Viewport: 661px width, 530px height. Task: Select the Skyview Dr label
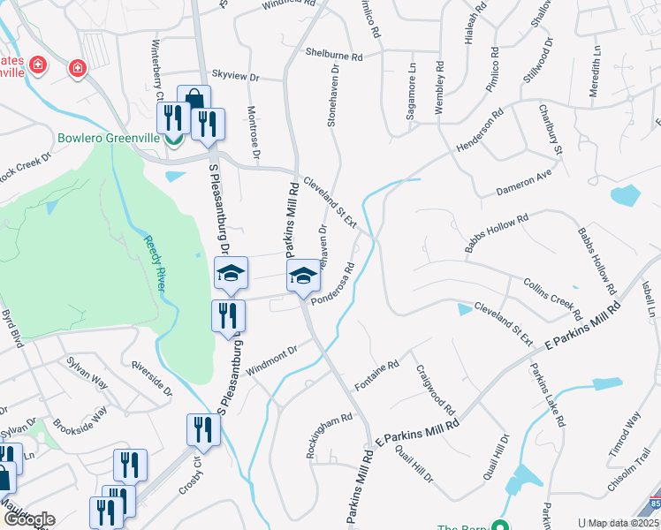[235, 77]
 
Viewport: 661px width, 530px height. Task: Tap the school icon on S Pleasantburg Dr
[231, 272]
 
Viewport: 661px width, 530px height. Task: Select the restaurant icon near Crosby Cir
[203, 428]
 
